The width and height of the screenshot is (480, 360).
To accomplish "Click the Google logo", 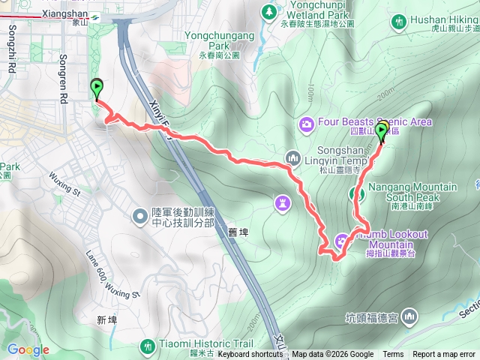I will click(x=28, y=349).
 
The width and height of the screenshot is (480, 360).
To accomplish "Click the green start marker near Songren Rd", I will click(x=97, y=90).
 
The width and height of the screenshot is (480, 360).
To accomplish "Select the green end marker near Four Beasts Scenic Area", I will click(x=381, y=133).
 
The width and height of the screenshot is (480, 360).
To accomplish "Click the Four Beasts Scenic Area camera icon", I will click(x=306, y=123).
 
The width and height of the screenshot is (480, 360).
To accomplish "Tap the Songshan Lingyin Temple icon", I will click(x=292, y=157).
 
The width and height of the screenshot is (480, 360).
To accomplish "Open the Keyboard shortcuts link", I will click(x=250, y=354).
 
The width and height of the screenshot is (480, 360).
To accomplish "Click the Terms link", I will click(x=393, y=354).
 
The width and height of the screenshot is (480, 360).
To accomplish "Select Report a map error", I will click(x=444, y=354).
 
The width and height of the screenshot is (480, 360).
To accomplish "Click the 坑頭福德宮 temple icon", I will click(x=409, y=317).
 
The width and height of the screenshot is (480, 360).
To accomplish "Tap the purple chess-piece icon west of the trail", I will click(x=282, y=202).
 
